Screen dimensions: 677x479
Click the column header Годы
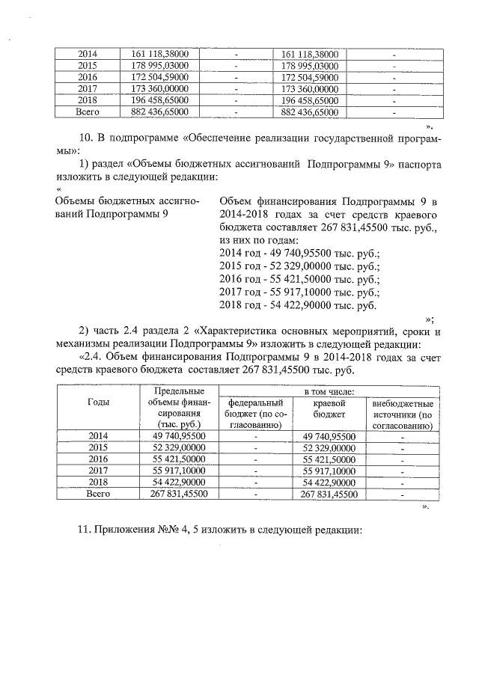pos(99,402)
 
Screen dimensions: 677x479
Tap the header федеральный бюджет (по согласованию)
pos(255,414)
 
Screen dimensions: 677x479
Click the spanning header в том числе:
pos(329,391)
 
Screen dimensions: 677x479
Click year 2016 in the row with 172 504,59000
pos(88,77)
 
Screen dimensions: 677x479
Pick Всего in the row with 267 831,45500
pos(99,494)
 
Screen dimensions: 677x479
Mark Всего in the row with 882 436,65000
pos(88,111)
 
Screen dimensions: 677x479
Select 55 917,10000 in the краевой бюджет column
pos(329,471)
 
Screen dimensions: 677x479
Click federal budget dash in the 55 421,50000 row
pos(255,460)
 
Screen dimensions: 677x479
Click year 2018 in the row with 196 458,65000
pos(88,99)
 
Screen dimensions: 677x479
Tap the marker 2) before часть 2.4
pos(84,331)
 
